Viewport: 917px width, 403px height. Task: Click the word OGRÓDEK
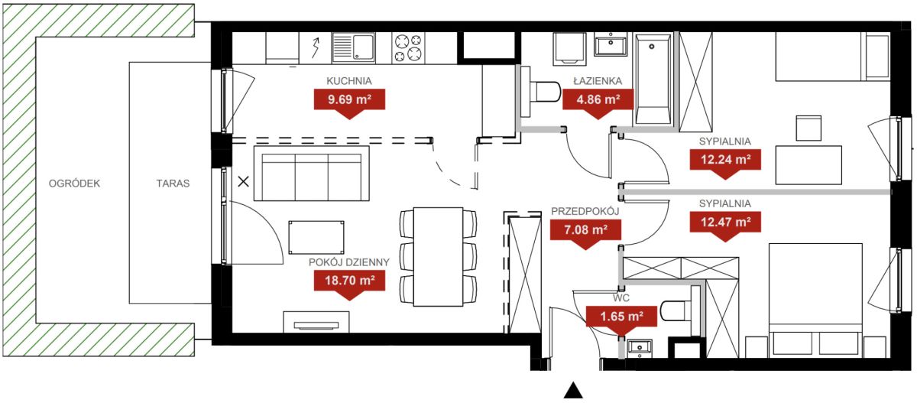(x=74, y=184)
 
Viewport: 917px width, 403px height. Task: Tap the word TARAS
(x=173, y=184)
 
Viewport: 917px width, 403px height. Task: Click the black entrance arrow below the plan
(x=573, y=391)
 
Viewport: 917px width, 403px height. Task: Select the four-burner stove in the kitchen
(x=408, y=48)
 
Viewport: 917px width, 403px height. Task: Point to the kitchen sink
(x=353, y=48)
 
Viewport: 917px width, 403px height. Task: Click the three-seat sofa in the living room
(x=312, y=174)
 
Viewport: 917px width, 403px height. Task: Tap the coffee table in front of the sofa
(x=316, y=238)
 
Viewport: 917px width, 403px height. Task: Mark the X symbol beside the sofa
(x=244, y=181)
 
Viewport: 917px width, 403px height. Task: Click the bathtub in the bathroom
(x=653, y=80)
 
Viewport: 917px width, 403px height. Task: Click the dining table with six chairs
(x=438, y=257)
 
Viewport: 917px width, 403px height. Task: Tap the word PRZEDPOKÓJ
(x=585, y=211)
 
